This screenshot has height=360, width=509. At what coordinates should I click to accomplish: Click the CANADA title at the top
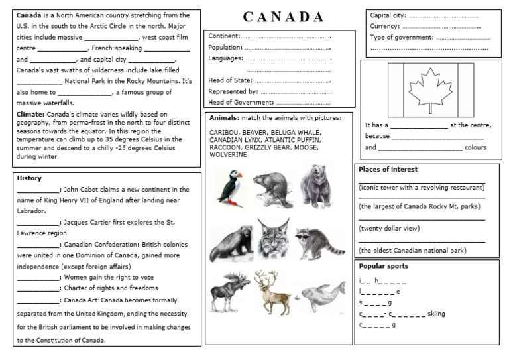click(x=283, y=17)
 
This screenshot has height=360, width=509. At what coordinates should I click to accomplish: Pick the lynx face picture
click(x=272, y=239)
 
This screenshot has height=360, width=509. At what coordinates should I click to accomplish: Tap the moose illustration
click(x=229, y=290)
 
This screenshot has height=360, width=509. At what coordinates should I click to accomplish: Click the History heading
click(x=29, y=178)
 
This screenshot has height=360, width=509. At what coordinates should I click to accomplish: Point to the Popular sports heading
click(x=383, y=266)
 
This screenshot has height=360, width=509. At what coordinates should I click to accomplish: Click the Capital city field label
click(x=388, y=15)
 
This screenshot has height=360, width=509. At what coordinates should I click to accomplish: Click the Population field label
click(x=225, y=48)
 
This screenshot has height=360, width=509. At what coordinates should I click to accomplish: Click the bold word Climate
click(x=30, y=114)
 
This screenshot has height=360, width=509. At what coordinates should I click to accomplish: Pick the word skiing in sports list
click(x=436, y=314)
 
